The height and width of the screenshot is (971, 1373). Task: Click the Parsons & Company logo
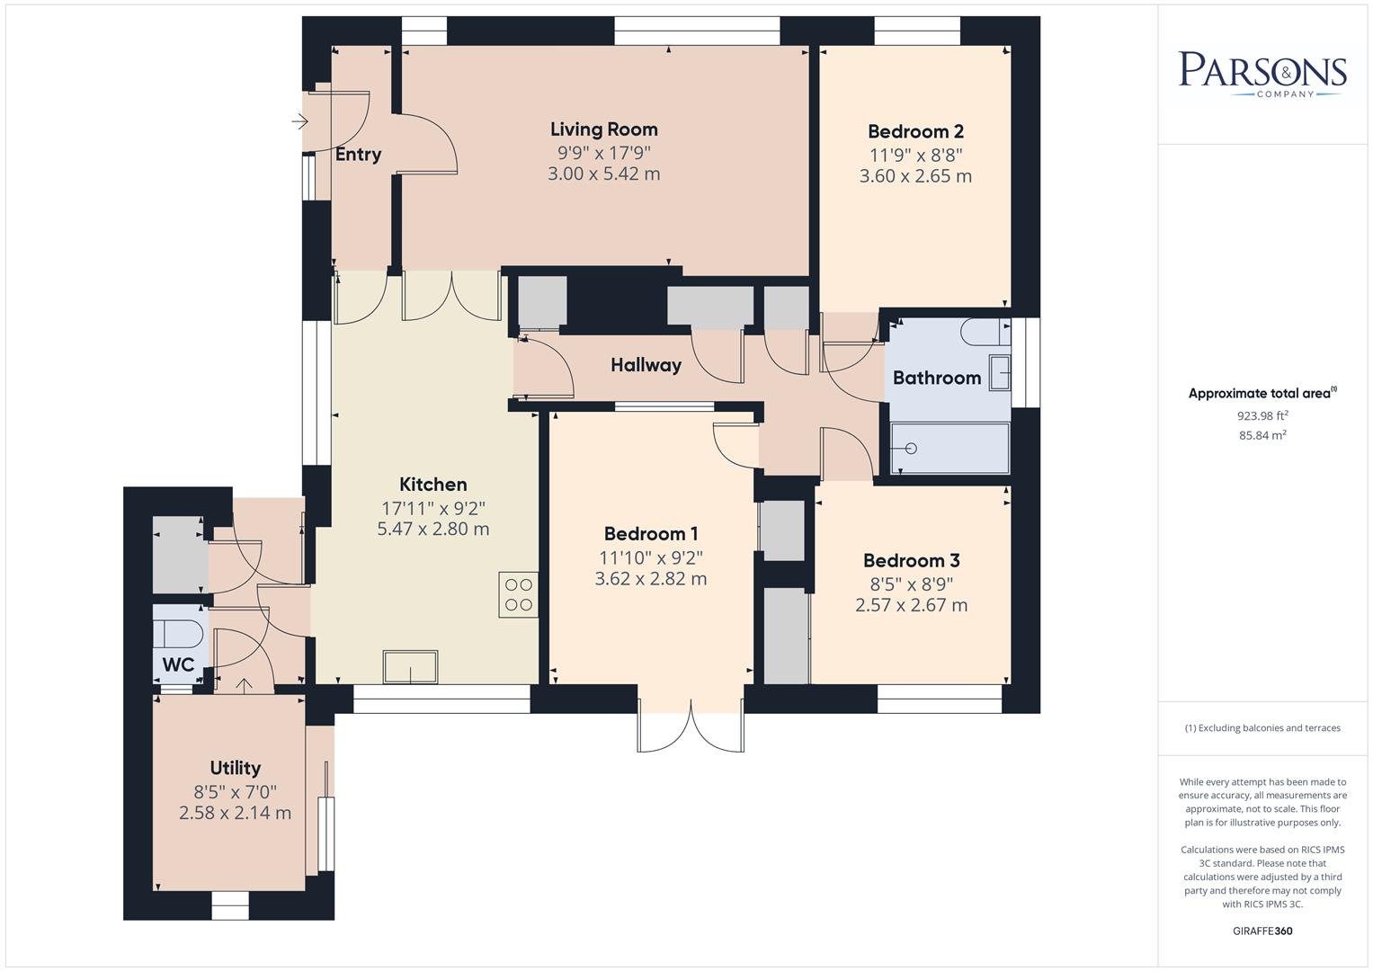point(1262,74)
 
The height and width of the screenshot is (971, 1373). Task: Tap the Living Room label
point(603,129)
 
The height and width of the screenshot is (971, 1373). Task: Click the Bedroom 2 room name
point(914,131)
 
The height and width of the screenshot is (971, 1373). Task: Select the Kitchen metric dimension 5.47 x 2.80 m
point(432,529)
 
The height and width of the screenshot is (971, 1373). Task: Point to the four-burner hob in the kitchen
point(519,595)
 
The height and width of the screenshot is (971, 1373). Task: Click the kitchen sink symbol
point(411,668)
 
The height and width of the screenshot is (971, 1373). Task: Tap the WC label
point(178,665)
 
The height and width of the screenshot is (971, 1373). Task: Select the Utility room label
point(235,768)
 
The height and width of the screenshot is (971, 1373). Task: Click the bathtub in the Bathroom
point(950,448)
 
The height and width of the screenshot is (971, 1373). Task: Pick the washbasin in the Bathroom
point(999,372)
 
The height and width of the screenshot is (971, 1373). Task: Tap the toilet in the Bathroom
point(985,334)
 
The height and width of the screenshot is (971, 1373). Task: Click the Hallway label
point(646,365)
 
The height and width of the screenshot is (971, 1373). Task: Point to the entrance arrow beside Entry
point(299,121)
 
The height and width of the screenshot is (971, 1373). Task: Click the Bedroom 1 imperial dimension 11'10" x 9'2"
point(650,557)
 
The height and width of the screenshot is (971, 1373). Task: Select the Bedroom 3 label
point(911,560)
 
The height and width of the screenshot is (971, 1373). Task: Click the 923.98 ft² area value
point(1262,415)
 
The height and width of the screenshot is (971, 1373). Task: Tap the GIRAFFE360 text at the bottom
point(1262,931)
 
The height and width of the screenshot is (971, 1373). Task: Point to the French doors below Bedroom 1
point(691,724)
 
